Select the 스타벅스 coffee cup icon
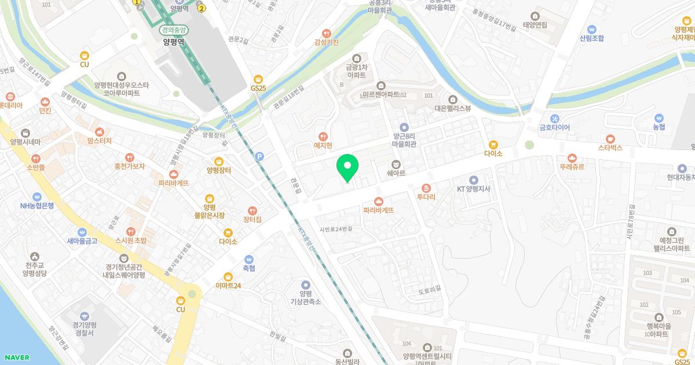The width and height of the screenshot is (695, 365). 610,139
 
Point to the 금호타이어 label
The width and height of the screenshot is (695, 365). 555,127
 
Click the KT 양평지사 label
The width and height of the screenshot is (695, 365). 474,188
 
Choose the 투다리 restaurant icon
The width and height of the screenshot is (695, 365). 426,188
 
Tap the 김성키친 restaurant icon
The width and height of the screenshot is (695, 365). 327,33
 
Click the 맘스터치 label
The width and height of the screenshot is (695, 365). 100,141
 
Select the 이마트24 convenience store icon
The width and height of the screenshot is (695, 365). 228,276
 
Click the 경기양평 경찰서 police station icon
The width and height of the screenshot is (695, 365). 85,316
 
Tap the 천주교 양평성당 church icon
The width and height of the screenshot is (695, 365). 35,256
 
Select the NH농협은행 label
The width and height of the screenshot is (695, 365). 37,205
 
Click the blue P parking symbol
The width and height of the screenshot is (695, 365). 259,156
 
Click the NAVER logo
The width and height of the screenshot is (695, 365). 16,357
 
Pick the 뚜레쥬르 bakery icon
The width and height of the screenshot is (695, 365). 572,157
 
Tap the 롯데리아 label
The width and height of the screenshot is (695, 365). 10,105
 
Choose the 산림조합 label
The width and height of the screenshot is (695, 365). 591,38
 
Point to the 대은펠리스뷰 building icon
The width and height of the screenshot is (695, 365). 453,99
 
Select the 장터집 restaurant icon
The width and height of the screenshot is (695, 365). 252,211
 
